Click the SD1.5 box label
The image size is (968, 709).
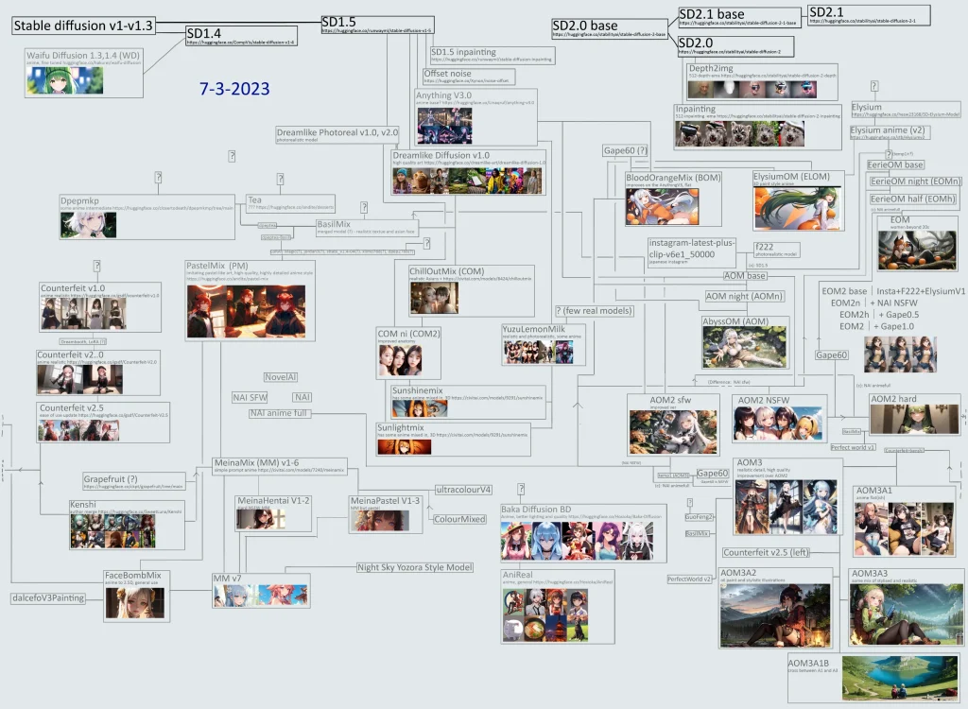pyautogui.click(x=337, y=21)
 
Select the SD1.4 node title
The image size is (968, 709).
pyautogui.click(x=206, y=34)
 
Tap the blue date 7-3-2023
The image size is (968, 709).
pyautogui.click(x=234, y=91)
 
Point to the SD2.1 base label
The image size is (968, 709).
pyautogui.click(x=711, y=14)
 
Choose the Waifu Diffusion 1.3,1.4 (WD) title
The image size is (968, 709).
pyautogui.click(x=83, y=55)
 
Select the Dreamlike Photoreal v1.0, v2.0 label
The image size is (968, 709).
pyautogui.click(x=337, y=132)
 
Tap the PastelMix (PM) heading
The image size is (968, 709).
pyautogui.click(x=217, y=268)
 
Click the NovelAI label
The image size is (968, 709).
pyautogui.click(x=281, y=376)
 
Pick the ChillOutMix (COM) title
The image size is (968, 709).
pyautogui.click(x=446, y=271)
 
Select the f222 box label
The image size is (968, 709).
pyautogui.click(x=763, y=247)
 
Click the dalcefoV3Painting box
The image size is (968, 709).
pyautogui.click(x=48, y=598)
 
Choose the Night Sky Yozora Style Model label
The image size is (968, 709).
pyautogui.click(x=414, y=567)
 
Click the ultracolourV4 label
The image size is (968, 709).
pyautogui.click(x=463, y=490)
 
